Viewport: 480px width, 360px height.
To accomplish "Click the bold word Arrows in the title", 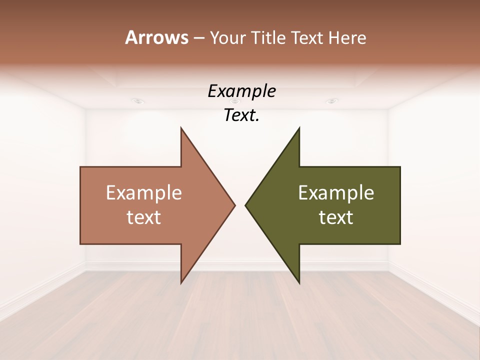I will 156,37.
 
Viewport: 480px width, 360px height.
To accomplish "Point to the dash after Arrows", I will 198,38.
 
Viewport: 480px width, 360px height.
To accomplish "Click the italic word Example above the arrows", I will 241,91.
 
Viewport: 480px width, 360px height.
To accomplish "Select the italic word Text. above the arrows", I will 241,115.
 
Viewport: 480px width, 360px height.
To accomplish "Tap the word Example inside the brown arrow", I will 144,192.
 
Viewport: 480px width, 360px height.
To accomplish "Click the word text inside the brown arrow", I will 144,217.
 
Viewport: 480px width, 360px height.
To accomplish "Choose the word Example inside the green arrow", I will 336,192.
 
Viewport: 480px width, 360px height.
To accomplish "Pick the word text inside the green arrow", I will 336,217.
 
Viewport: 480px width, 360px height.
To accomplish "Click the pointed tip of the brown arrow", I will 234,205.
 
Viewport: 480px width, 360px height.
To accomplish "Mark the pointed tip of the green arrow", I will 245,205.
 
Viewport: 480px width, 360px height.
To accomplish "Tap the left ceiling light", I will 137,101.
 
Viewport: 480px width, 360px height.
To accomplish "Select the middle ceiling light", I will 235,101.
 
